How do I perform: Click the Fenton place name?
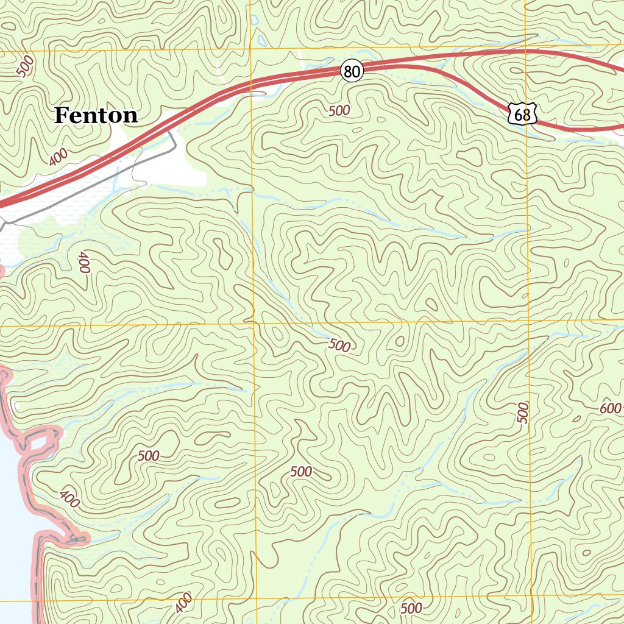(x=96, y=115)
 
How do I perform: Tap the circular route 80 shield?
(x=352, y=71)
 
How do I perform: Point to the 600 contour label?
(x=610, y=409)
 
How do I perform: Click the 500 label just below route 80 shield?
(x=339, y=110)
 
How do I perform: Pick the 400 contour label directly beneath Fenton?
(x=58, y=157)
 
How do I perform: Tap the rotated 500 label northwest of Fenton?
(x=26, y=66)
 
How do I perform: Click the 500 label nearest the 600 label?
(x=523, y=413)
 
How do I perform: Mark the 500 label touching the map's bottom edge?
(x=411, y=608)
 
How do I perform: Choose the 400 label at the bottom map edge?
(x=183, y=603)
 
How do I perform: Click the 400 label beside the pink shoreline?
(x=70, y=499)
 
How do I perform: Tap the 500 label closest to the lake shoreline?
(x=148, y=456)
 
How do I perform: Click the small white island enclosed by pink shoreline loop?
(x=38, y=442)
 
